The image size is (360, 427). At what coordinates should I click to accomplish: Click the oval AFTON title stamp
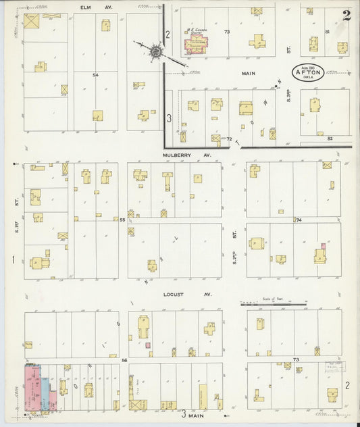pyautogui.click(x=307, y=71)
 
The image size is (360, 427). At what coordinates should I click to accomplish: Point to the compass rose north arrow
pyautogui.click(x=156, y=51)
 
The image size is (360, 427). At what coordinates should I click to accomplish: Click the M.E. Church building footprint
pyautogui.click(x=197, y=45)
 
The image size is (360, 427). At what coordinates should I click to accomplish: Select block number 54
pyautogui.click(x=96, y=75)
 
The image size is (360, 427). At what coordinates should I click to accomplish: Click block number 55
pyautogui.click(x=122, y=220)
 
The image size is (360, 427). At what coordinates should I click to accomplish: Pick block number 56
pyautogui.click(x=124, y=361)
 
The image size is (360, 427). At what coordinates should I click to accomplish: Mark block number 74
pyautogui.click(x=297, y=220)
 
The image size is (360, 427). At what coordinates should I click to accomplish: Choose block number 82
pyautogui.click(x=330, y=139)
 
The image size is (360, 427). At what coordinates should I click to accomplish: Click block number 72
pyautogui.click(x=229, y=139)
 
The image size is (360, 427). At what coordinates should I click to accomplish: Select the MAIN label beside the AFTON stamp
pyautogui.click(x=253, y=70)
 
